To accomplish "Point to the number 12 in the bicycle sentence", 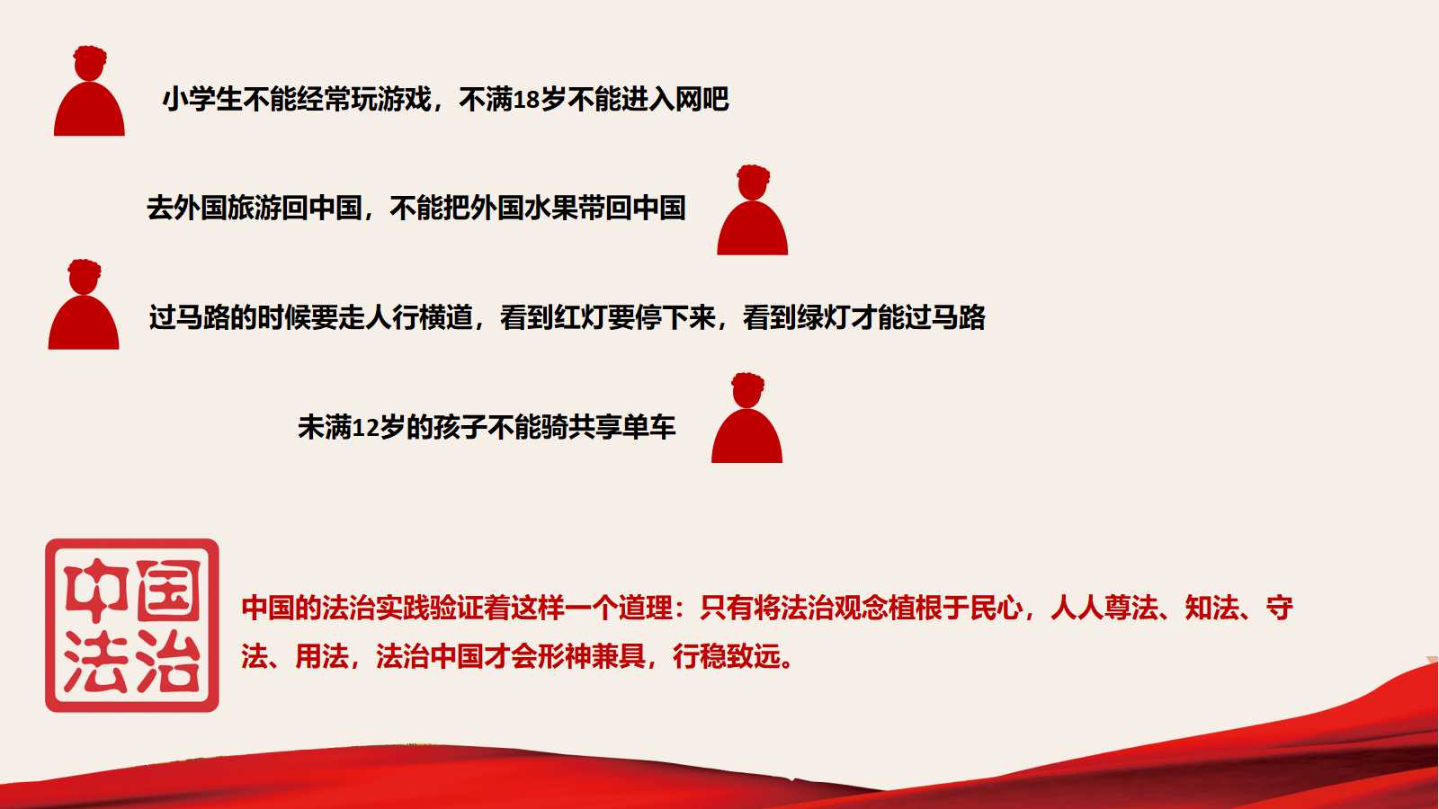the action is click(365, 428).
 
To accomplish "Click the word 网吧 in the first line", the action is click(702, 100).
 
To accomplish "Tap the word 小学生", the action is click(202, 100).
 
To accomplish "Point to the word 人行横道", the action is click(419, 317).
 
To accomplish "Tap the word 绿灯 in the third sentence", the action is click(823, 317).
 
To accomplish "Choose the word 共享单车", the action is click(621, 428).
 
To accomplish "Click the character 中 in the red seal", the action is click(95, 590).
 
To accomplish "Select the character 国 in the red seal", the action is click(168, 590).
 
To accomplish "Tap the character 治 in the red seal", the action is click(168, 661).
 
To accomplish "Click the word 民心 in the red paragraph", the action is click(997, 608).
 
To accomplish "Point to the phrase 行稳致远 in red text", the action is click(727, 656).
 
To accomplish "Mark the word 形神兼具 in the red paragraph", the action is click(592, 656).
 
